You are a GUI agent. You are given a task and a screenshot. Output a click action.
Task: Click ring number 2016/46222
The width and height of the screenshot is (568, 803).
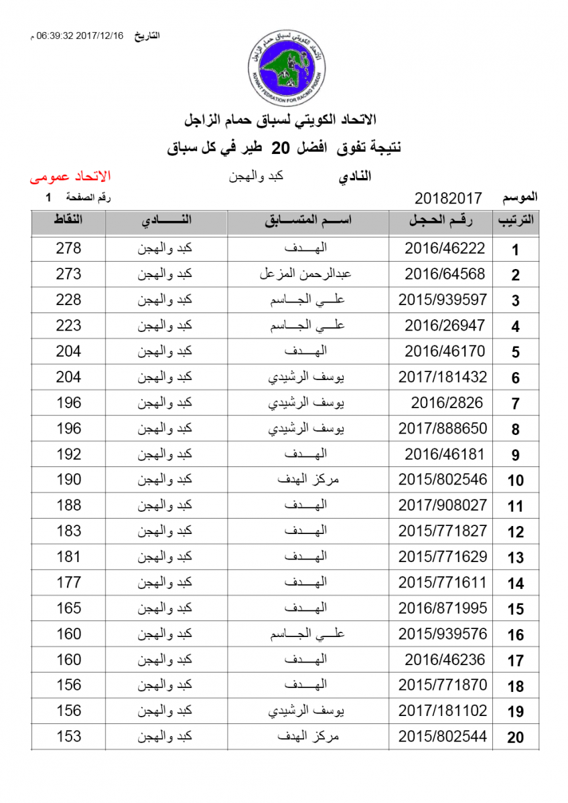(x=444, y=248)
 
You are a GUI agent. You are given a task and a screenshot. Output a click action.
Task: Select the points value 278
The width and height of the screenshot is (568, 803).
(x=68, y=248)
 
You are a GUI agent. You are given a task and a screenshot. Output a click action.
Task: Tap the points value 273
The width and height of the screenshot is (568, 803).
(x=68, y=274)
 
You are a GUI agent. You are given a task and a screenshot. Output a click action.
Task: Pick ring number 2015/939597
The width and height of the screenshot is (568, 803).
(x=443, y=300)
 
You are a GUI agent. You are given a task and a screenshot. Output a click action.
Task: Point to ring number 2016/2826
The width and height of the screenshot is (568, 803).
(x=444, y=403)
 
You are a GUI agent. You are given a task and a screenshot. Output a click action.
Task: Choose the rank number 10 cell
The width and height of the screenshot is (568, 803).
(x=515, y=480)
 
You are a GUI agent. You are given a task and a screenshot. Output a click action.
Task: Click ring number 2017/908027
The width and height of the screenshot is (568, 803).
(x=443, y=505)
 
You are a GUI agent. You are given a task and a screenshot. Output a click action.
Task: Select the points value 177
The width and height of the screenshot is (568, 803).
(x=68, y=583)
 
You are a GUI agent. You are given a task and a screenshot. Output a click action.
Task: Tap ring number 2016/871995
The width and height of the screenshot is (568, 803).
(x=443, y=608)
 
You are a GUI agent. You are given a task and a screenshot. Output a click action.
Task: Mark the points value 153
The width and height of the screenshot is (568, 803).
(x=68, y=737)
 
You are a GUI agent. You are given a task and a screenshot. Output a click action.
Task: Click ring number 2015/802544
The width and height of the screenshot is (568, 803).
(x=443, y=737)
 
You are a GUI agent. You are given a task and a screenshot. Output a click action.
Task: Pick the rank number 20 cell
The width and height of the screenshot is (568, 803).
(x=515, y=738)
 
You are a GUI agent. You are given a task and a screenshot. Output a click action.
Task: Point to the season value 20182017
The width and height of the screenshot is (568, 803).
(x=448, y=198)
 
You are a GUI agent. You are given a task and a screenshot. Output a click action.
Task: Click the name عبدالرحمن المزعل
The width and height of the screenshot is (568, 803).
(x=305, y=274)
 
